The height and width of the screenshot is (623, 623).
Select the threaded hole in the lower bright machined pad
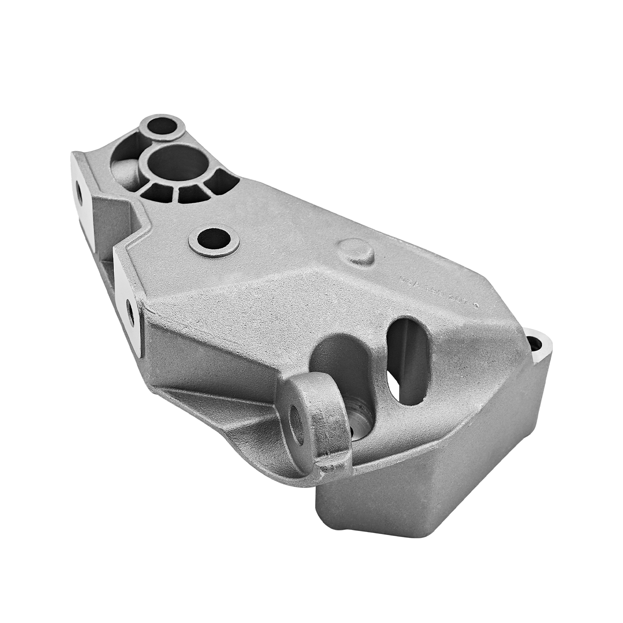[130, 309]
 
